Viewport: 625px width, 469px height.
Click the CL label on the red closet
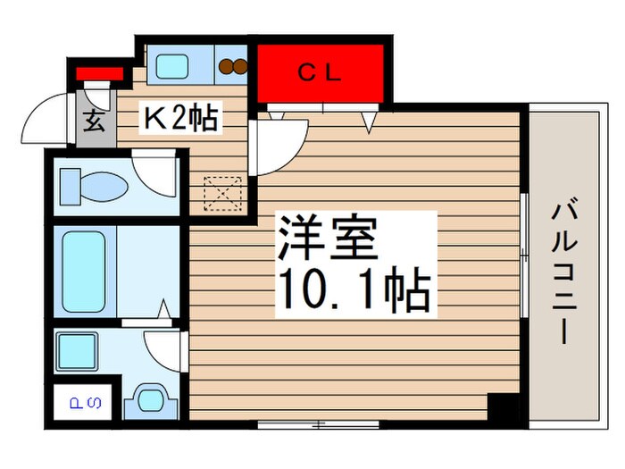(320, 74)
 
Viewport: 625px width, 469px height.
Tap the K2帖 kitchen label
(182, 118)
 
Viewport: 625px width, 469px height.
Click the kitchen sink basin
(171, 64)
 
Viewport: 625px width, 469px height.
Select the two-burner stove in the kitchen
(233, 65)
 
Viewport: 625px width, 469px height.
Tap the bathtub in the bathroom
(84, 270)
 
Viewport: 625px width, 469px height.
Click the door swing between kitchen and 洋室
(277, 140)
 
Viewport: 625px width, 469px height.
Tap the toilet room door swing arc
(155, 171)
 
